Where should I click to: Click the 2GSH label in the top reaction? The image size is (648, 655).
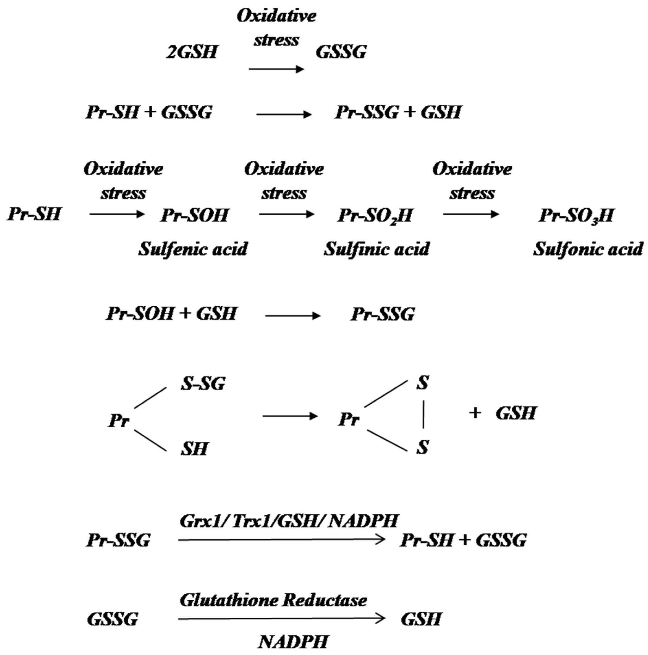pos(192,52)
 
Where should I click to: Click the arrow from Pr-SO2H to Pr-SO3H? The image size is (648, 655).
pos(471,214)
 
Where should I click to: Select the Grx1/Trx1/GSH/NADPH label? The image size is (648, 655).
pos(288,521)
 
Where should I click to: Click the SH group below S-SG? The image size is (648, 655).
pos(194,449)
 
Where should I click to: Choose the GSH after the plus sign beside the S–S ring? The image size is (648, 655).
pos(516,413)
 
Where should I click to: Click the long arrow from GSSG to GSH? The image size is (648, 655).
pos(282,619)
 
